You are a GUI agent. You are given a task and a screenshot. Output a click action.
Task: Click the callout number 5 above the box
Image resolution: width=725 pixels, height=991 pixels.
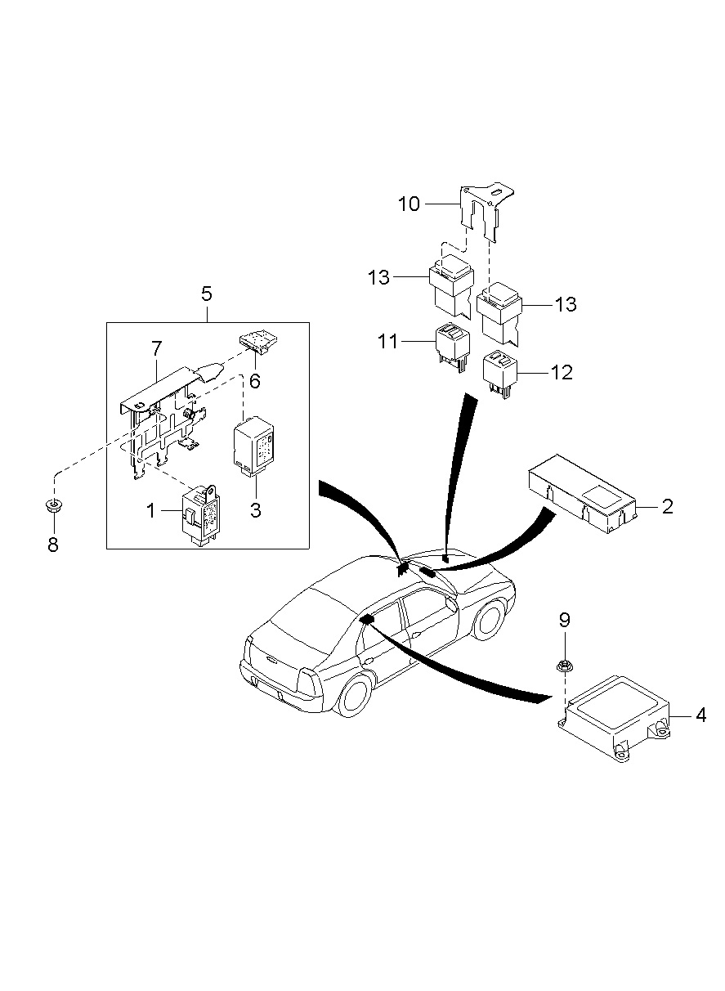coord(206,293)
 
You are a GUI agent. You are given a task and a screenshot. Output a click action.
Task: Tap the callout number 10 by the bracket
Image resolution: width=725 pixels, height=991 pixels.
coord(409,203)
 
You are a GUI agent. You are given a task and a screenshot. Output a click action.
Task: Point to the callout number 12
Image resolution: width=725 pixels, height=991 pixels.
coord(562,372)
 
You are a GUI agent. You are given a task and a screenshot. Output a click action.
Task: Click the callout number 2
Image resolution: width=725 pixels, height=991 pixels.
coord(667,506)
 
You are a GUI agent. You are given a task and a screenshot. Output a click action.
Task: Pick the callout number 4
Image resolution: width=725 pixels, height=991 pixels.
coord(700,715)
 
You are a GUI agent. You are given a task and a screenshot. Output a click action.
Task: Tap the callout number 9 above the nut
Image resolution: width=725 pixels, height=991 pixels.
coord(563,619)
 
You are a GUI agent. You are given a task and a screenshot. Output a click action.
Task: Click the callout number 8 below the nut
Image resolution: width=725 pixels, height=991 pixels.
coord(53,545)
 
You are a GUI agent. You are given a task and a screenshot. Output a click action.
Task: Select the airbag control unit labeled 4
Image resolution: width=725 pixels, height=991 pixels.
coord(613,719)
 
